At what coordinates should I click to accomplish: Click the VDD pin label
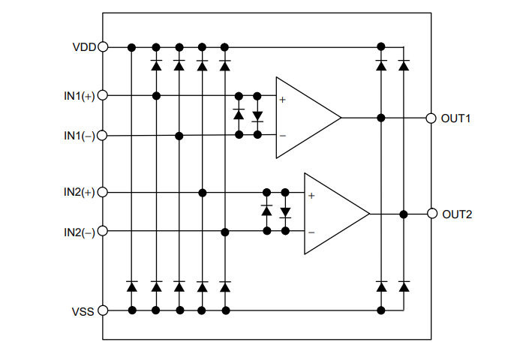83,46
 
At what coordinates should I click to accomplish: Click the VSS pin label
83,310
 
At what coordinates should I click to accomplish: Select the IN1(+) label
79,96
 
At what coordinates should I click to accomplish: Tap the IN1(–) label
79,136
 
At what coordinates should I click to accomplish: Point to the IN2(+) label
79,193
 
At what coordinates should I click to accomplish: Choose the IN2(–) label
79,232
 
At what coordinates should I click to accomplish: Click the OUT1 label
456,118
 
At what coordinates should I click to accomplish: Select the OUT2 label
457,214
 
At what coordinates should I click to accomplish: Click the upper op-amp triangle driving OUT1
304,118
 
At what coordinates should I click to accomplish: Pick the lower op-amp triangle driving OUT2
332,214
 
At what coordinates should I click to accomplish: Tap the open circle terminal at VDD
103,46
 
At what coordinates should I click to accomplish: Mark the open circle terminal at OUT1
431,118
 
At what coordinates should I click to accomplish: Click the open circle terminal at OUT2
431,214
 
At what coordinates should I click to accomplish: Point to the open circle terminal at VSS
103,310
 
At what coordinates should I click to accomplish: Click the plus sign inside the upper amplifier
283,99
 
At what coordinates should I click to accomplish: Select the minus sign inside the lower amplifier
311,232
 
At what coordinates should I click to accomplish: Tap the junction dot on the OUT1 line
381,118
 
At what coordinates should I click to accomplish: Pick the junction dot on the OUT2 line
404,214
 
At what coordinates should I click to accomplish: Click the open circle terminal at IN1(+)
103,96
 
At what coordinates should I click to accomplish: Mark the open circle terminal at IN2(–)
103,232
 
